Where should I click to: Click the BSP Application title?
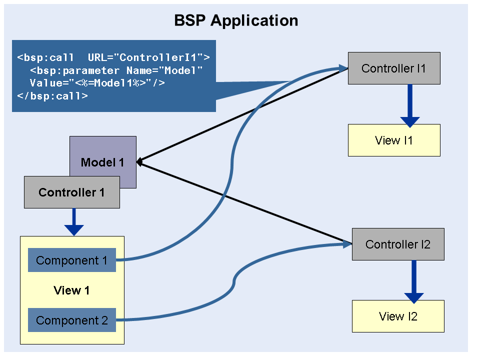click(236, 20)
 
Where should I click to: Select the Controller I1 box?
click(393, 68)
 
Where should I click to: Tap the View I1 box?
click(393, 140)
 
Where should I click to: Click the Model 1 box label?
click(102, 162)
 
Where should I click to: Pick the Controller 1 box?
click(71, 192)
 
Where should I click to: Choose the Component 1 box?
click(71, 260)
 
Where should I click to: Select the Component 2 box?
click(71, 320)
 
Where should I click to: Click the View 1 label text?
click(71, 290)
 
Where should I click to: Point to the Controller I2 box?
click(397, 244)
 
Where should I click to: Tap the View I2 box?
click(397, 316)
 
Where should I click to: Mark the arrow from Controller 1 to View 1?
click(74, 222)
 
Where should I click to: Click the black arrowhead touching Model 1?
click(140, 162)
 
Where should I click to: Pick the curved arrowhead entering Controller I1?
click(343, 68)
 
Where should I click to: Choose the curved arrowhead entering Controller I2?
click(348, 244)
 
